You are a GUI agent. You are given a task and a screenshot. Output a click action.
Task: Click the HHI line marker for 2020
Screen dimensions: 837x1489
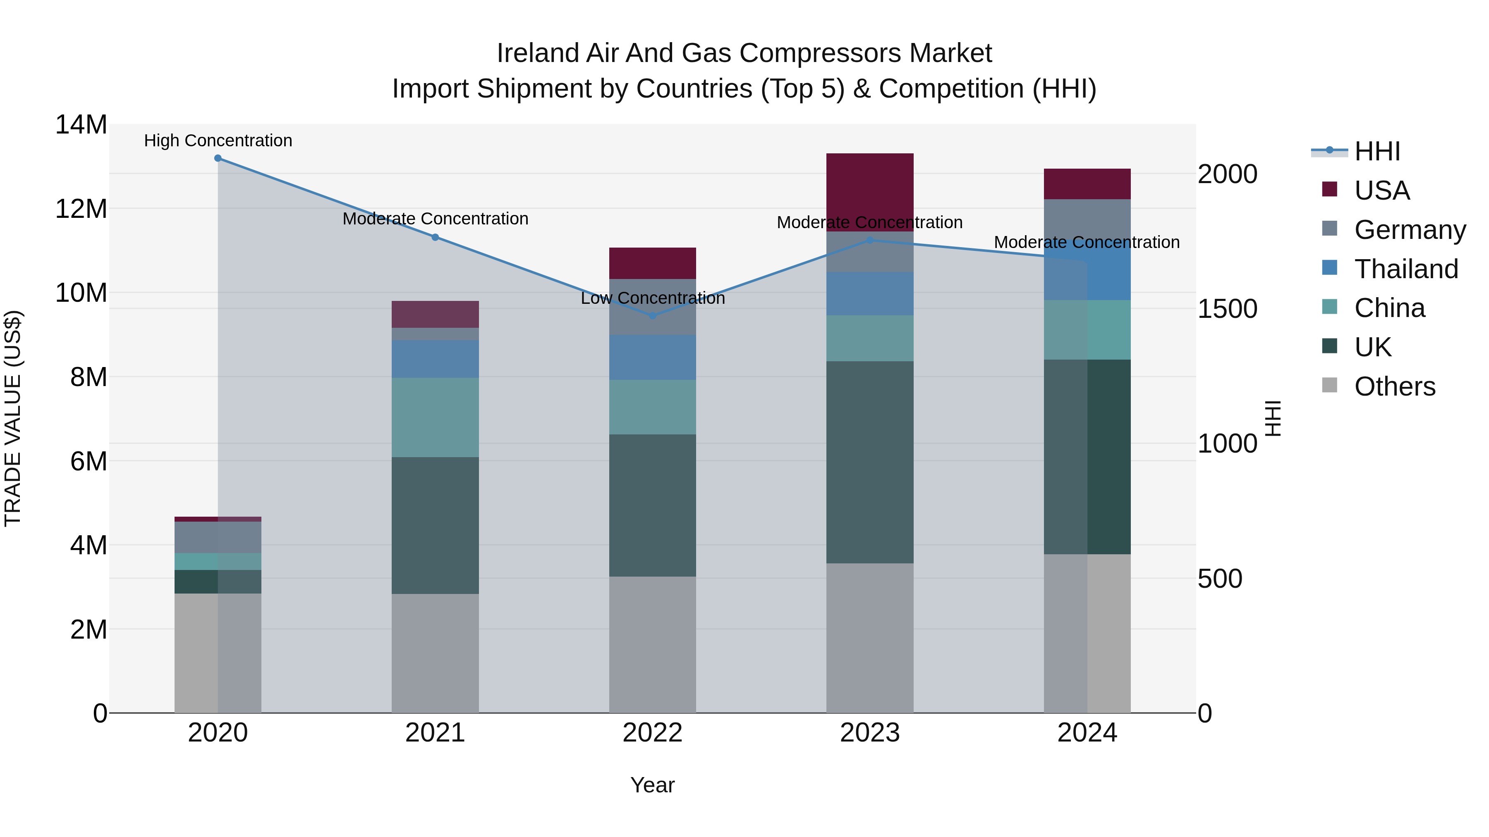click(x=218, y=158)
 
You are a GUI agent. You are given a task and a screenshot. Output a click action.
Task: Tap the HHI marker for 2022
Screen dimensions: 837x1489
click(x=653, y=316)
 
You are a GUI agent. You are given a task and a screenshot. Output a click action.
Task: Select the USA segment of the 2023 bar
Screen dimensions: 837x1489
click(x=869, y=192)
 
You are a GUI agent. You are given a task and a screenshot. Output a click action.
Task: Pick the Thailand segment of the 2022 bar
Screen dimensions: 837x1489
click(x=653, y=357)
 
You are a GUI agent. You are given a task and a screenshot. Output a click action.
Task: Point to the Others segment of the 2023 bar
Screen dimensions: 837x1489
click(x=869, y=638)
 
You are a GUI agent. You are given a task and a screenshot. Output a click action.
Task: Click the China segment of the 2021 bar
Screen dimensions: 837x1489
click(x=435, y=417)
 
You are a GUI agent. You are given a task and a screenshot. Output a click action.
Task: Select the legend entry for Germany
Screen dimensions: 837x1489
click(x=1410, y=230)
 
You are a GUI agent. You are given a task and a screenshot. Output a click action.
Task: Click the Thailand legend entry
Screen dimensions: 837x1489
click(x=1406, y=269)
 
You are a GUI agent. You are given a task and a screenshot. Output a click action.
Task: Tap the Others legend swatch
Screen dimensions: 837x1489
click(x=1329, y=385)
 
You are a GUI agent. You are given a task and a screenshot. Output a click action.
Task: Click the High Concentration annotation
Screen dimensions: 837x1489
click(x=218, y=141)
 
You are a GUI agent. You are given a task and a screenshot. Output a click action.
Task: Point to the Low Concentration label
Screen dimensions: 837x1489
click(x=653, y=298)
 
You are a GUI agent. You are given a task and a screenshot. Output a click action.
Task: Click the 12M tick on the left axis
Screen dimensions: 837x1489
click(x=81, y=209)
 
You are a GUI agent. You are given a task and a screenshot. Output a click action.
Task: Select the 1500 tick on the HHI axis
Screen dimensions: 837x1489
click(x=1227, y=309)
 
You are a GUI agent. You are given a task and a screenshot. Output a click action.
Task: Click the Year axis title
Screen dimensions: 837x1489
click(x=653, y=785)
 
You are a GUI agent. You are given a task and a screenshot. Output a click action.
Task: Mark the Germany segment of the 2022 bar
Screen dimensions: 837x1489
click(x=653, y=307)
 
